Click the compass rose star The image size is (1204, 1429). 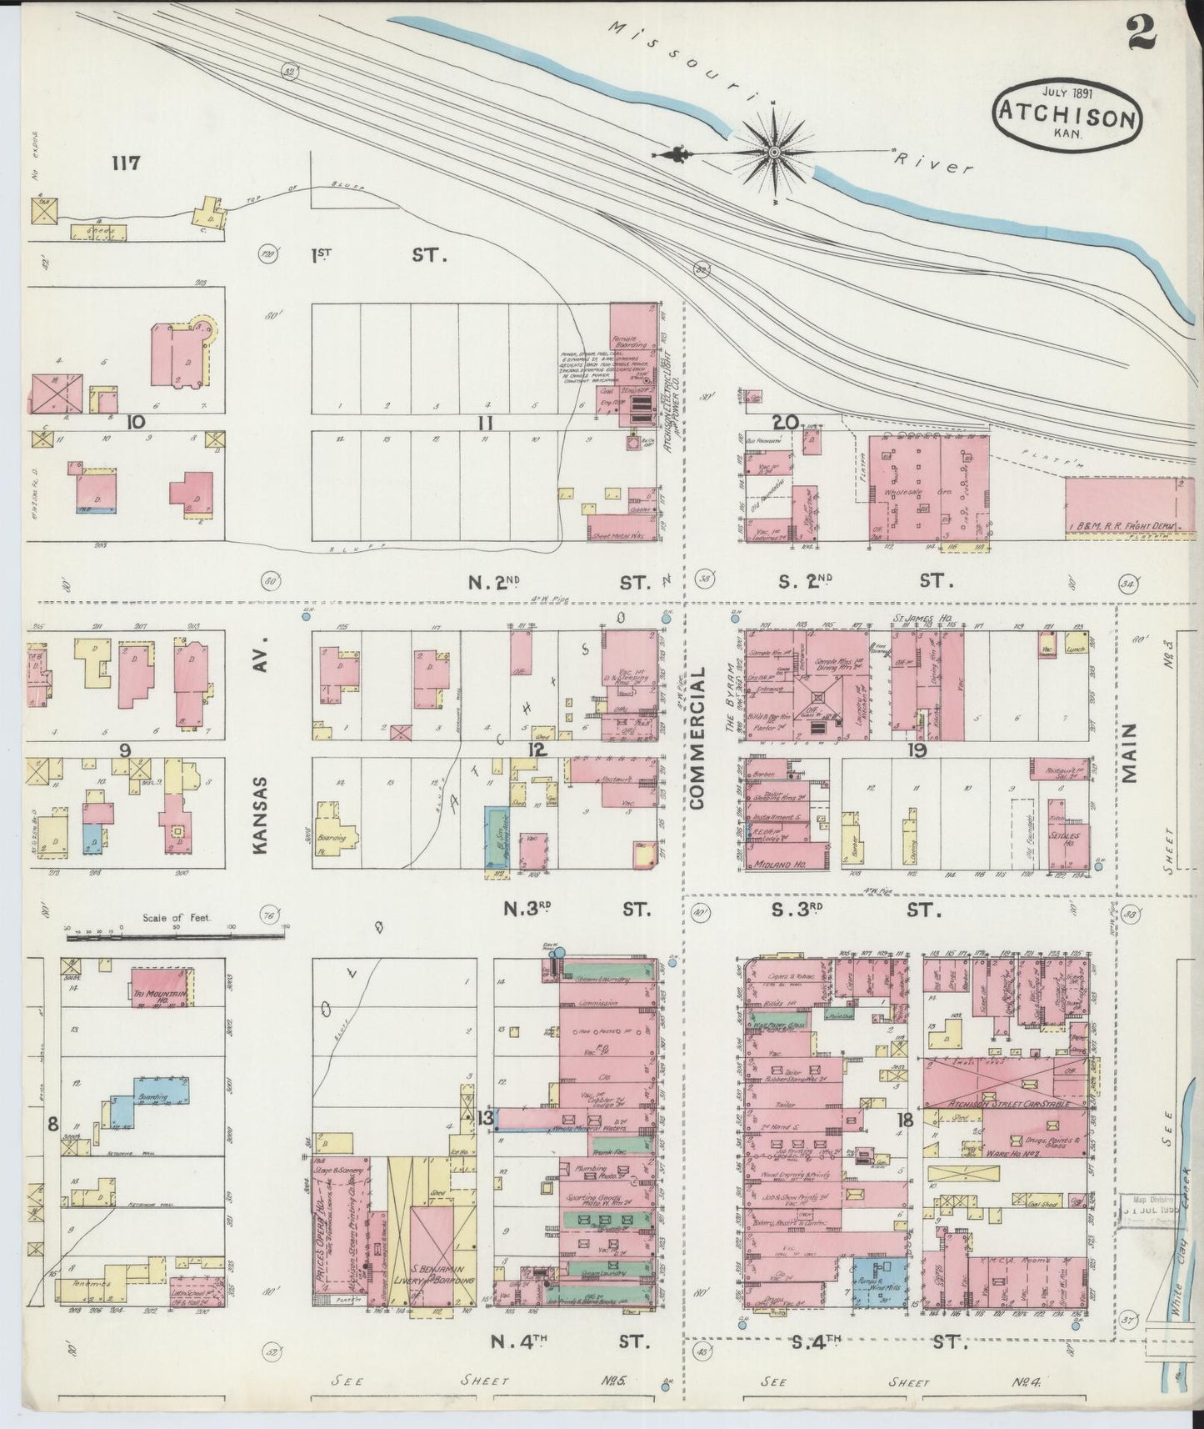point(774,152)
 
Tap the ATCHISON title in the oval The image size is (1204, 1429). point(1067,117)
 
